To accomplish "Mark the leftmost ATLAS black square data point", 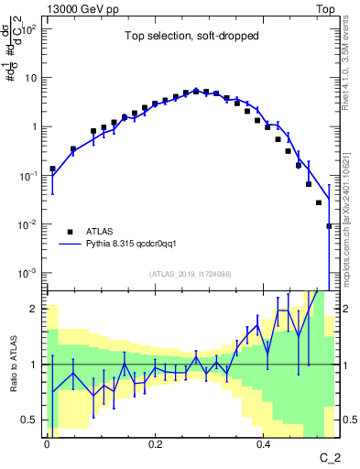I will (x=53, y=169).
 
